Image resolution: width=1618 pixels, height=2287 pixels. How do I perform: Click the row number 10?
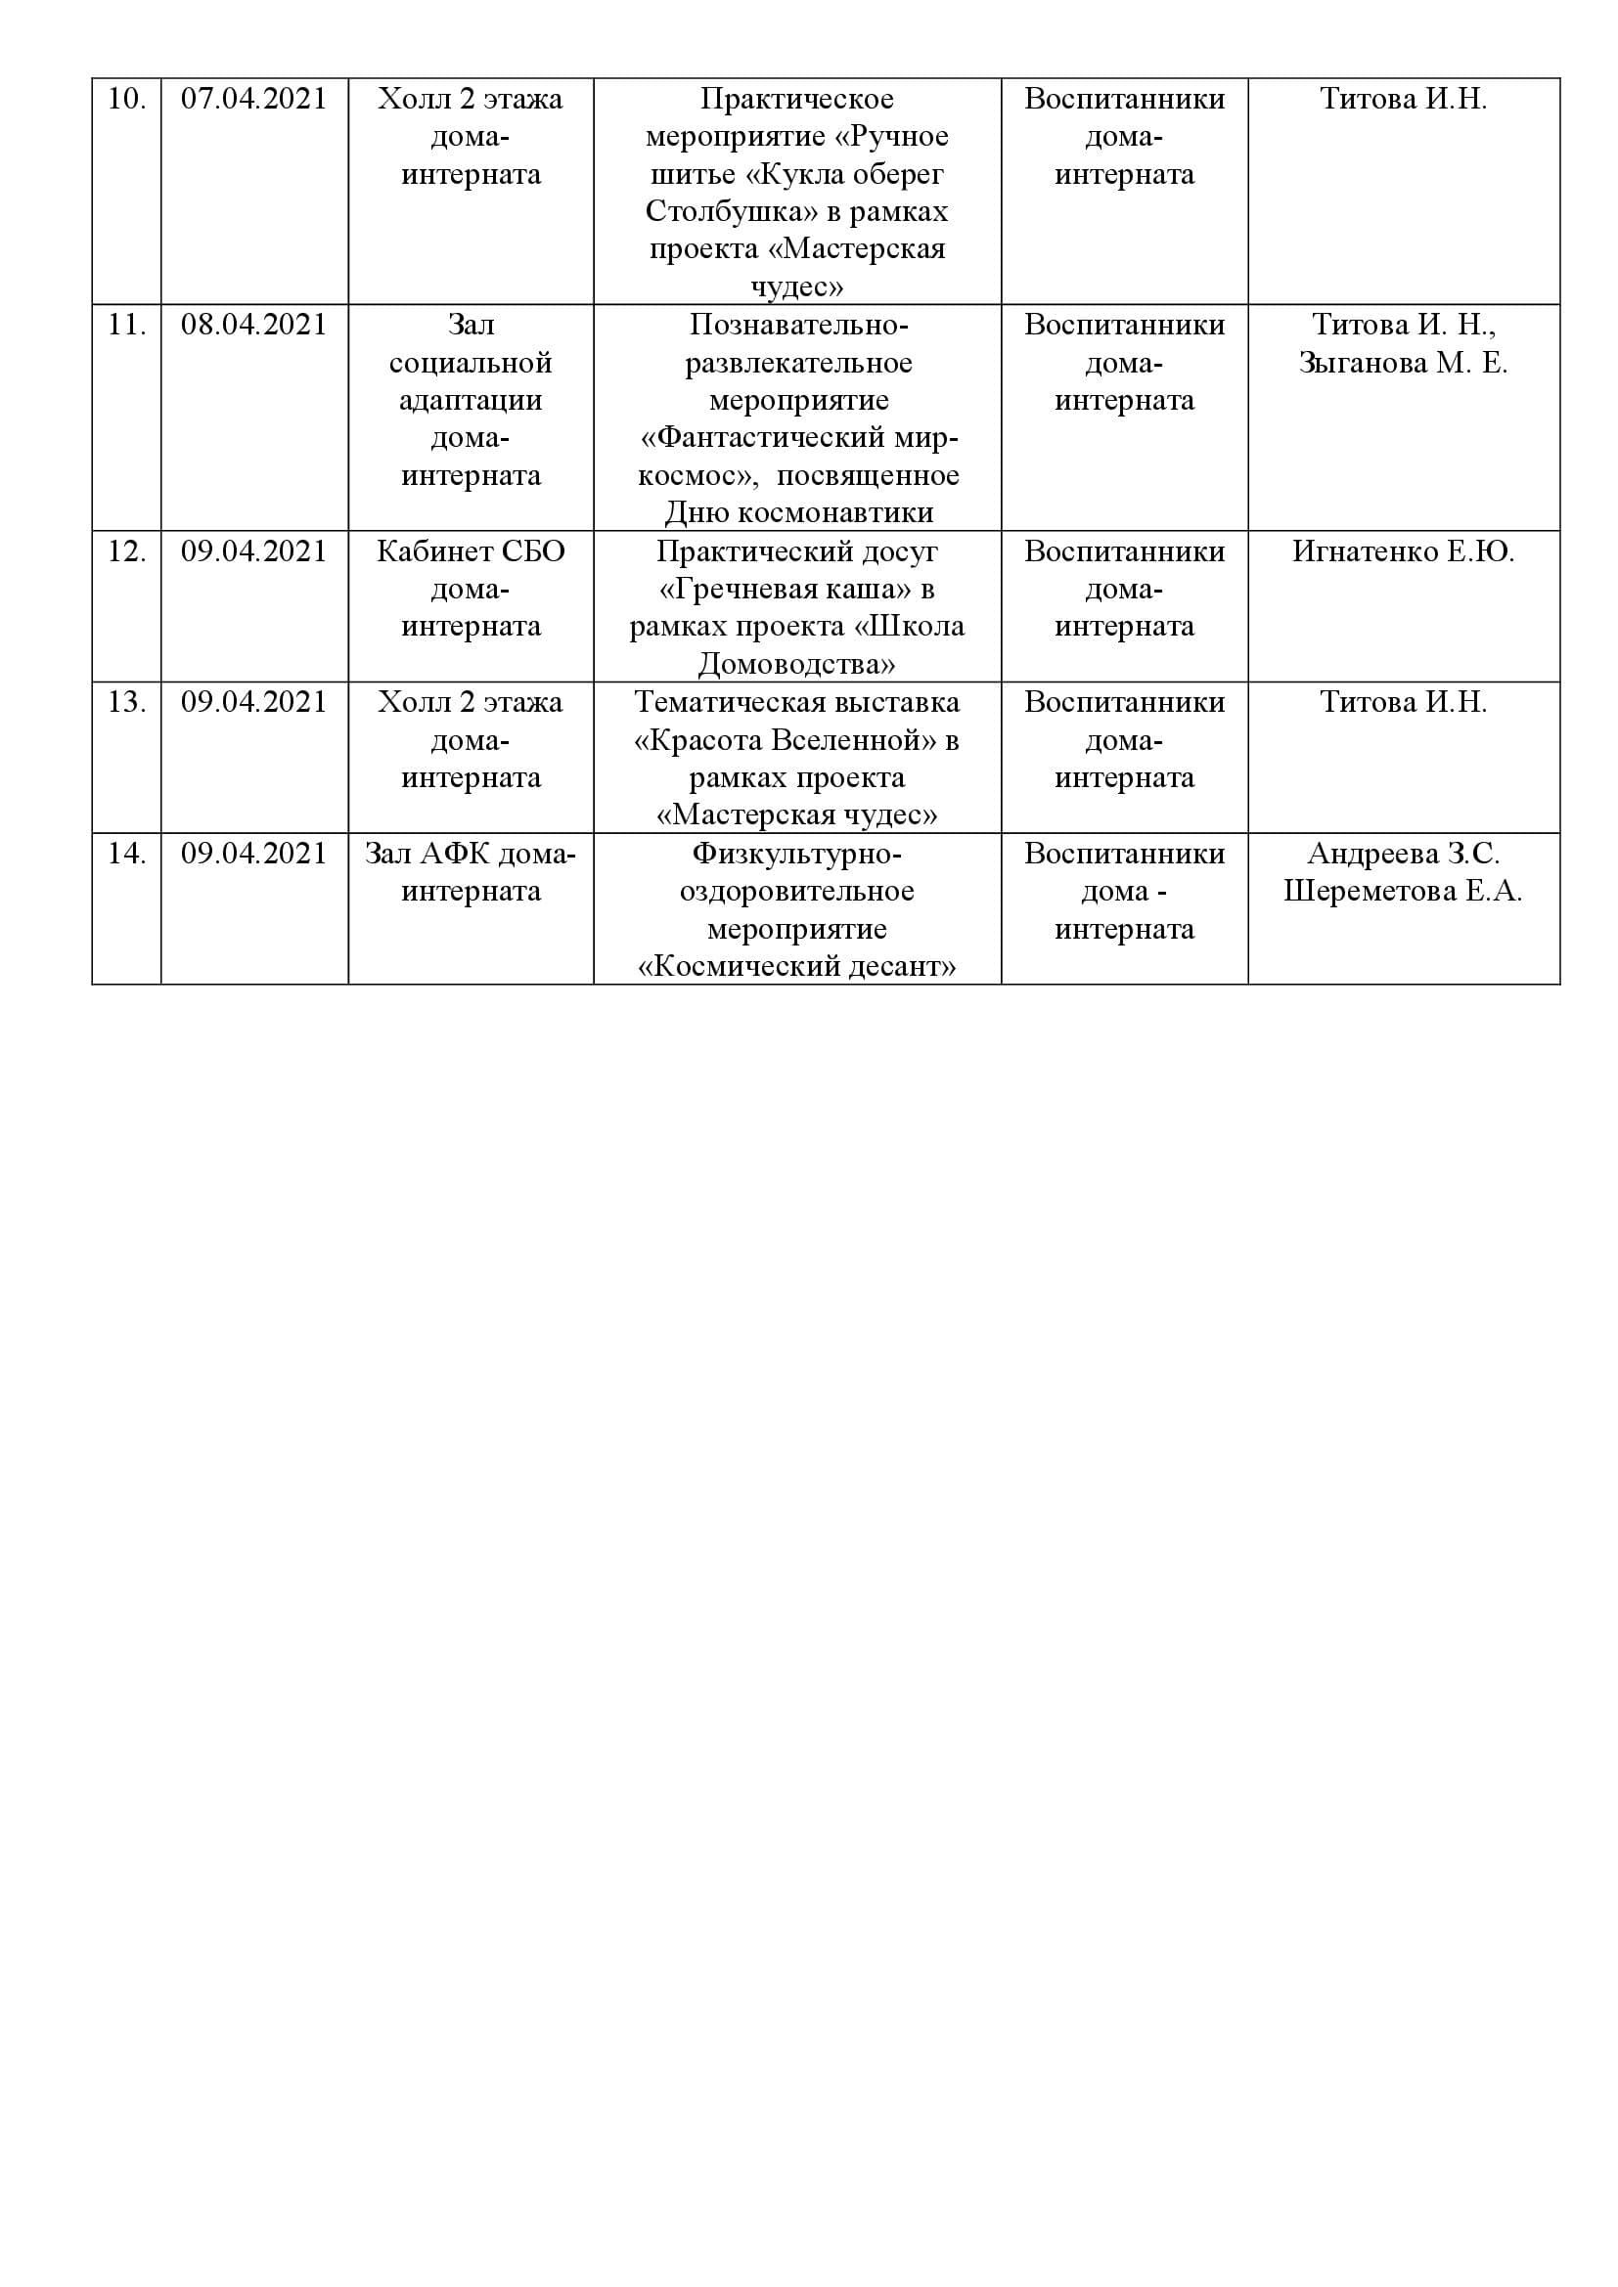click(125, 99)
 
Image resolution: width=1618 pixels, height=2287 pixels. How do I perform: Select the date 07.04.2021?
click(253, 99)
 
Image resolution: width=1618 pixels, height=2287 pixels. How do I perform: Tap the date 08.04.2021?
click(253, 325)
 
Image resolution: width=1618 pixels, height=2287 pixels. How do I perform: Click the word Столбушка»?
click(710, 212)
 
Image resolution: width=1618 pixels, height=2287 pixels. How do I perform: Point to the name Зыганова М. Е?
click(1403, 363)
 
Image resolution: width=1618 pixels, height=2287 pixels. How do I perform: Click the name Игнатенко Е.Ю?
click(1403, 550)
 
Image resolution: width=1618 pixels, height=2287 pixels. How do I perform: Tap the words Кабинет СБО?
click(471, 550)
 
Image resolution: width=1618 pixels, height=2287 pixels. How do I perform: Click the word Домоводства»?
click(796, 663)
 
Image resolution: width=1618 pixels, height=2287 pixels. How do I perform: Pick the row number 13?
click(125, 702)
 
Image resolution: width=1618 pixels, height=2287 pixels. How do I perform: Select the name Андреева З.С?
click(1403, 854)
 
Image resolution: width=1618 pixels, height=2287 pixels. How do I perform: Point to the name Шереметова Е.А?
click(1403, 891)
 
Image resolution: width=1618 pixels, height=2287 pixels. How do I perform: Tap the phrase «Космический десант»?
click(796, 966)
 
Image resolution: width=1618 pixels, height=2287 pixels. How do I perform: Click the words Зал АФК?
click(427, 854)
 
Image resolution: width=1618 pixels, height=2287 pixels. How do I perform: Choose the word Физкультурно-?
click(796, 854)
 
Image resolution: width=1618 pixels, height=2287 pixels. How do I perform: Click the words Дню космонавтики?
click(798, 513)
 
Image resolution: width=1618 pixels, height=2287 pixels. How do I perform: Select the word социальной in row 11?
click(471, 363)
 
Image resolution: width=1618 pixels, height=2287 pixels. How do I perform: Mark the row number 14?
click(125, 854)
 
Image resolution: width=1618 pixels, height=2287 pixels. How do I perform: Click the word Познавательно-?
click(798, 325)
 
